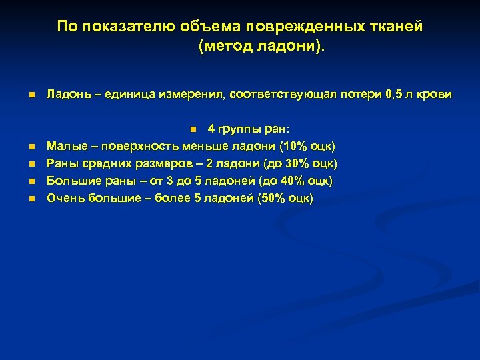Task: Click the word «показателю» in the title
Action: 125,27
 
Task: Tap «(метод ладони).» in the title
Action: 263,47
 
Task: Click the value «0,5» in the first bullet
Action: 395,95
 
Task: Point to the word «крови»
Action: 436,95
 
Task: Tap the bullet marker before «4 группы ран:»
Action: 191,129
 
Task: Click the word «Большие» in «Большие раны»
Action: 70,181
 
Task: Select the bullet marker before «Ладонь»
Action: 31,96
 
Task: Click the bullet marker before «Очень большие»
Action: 31,199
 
